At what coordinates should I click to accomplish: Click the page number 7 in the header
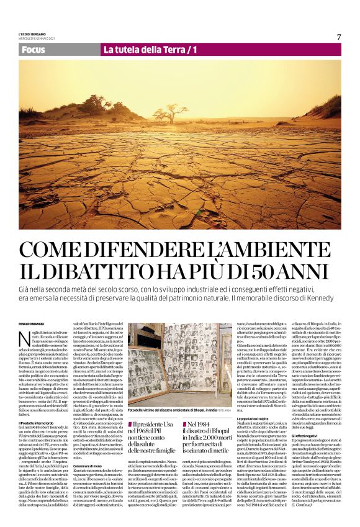(x=339, y=36)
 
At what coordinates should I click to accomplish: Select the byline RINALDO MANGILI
(x=32, y=320)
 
